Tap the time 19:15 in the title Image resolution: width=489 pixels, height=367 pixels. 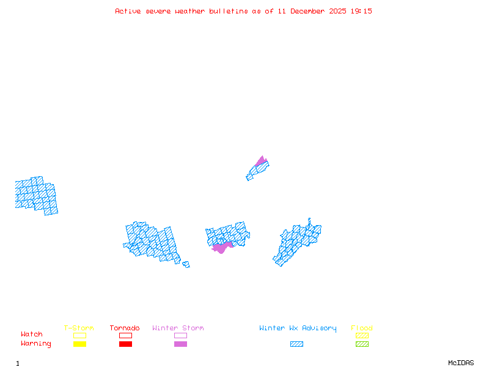pos(360,11)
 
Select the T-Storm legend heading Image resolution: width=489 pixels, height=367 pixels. pos(79,328)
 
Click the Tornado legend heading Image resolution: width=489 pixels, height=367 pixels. pos(125,328)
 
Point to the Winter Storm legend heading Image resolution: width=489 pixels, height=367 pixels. pos(178,328)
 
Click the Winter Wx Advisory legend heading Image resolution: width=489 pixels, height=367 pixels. pos(298,328)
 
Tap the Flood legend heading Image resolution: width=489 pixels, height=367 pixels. pos(362,328)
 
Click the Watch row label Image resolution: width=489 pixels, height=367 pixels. pos(32,335)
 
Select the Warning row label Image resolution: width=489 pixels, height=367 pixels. pos(36,344)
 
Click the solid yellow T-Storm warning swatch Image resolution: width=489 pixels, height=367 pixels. pos(79,344)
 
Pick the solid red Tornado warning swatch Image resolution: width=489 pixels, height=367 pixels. pos(125,344)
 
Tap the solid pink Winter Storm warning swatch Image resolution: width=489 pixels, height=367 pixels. pos(180,344)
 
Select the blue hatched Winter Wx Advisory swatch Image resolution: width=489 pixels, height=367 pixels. pos(296,344)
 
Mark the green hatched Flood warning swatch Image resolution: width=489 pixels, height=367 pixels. pos(362,344)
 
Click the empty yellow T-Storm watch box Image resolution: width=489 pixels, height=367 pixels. pos(79,335)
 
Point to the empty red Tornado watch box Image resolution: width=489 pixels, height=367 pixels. pos(125,335)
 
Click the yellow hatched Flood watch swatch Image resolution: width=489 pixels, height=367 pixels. pos(362,335)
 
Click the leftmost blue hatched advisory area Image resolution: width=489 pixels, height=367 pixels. pos(36,195)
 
